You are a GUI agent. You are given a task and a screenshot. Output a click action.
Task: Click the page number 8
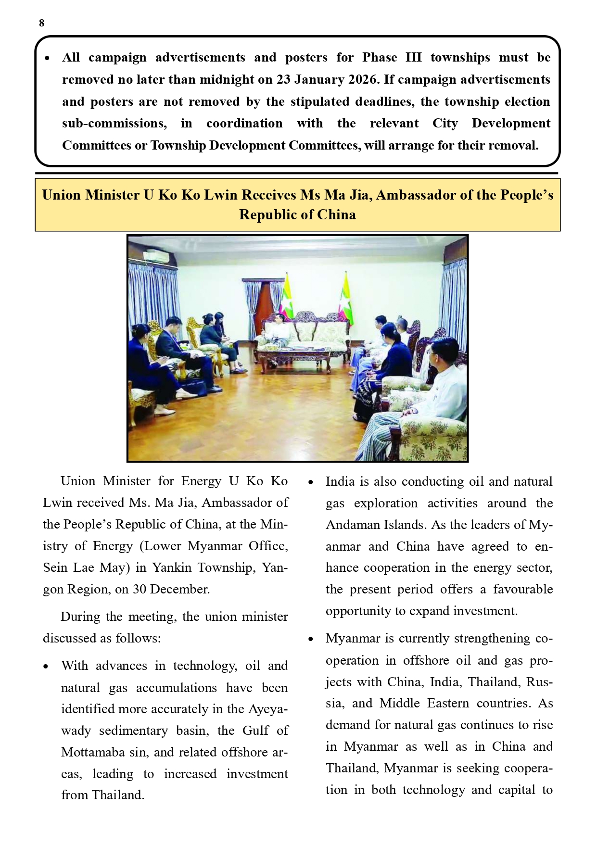[x=42, y=23]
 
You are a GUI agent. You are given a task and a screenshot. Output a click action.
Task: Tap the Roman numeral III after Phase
[x=413, y=58]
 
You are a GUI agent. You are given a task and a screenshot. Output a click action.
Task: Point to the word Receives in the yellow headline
[x=269, y=195]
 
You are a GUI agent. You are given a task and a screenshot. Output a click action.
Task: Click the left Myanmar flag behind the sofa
[x=288, y=296]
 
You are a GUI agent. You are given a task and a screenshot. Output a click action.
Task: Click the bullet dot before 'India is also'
[x=311, y=482]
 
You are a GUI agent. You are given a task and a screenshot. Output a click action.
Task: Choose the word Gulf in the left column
[x=255, y=731]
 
